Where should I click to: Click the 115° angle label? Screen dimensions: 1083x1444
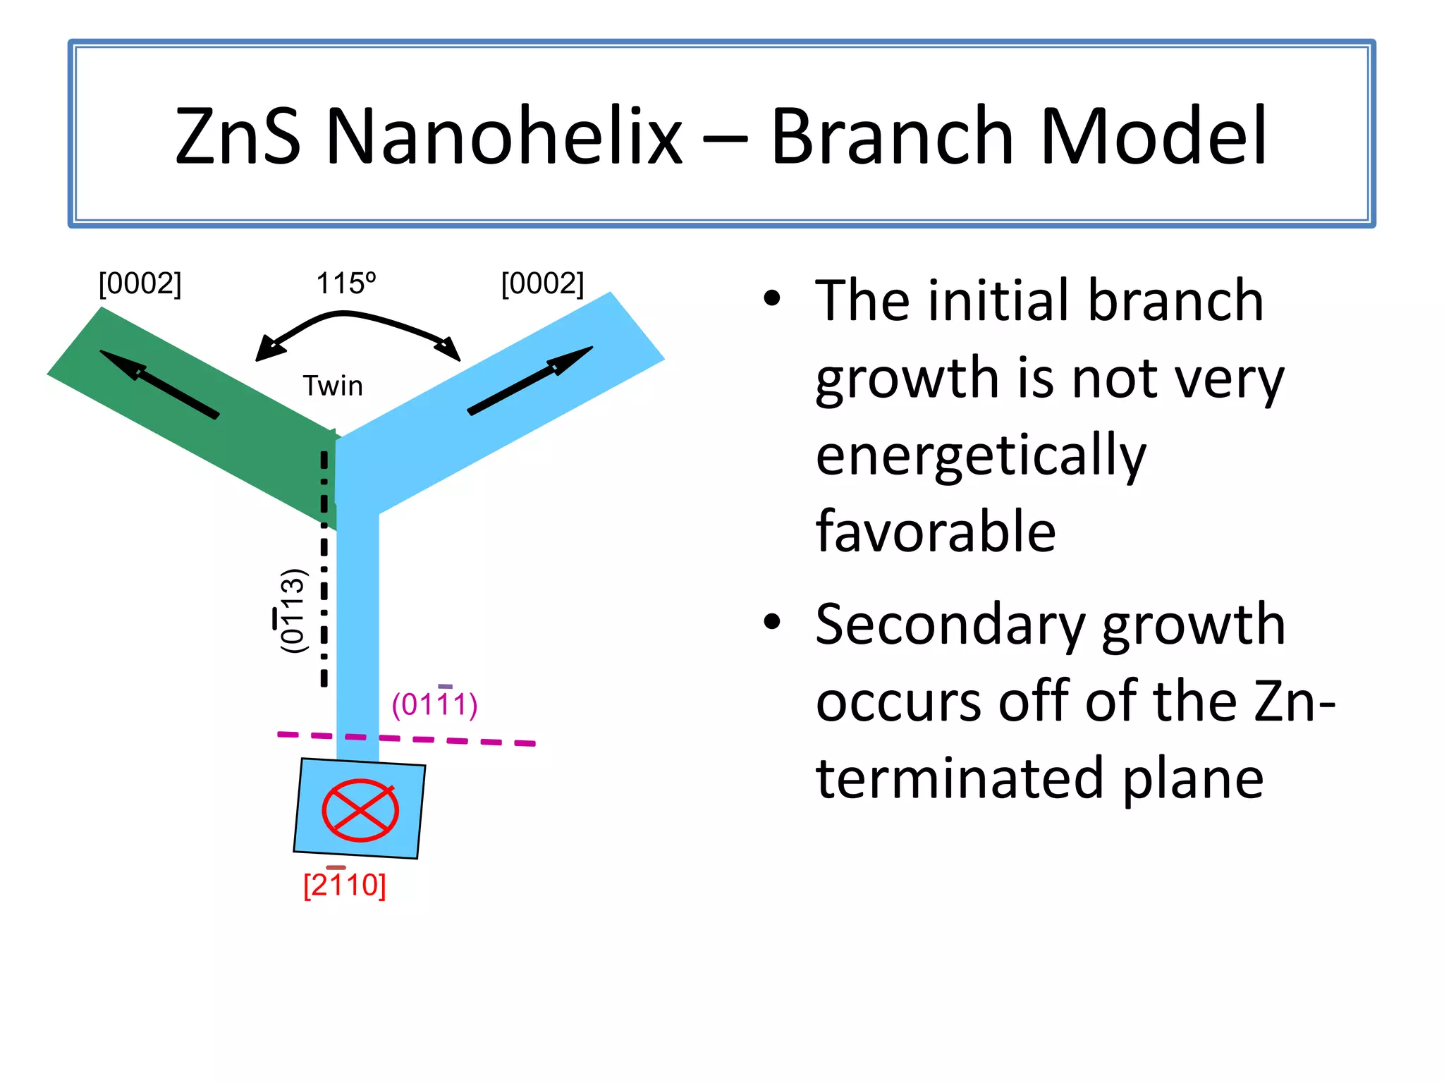pos(345,283)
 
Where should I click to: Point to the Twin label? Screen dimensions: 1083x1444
pos(333,386)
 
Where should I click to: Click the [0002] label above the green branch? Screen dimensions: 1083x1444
pos(140,283)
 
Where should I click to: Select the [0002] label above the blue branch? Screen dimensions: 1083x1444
pos(542,283)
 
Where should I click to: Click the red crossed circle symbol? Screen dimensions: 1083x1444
pos(360,810)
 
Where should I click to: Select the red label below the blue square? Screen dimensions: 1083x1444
pos(344,884)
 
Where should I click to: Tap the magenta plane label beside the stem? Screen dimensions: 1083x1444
pos(434,704)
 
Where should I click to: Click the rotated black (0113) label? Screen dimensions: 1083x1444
pos(291,611)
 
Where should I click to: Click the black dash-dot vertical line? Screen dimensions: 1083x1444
pos(324,599)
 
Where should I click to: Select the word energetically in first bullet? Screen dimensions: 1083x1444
pos(980,455)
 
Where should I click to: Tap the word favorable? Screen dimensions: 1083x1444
pos(935,532)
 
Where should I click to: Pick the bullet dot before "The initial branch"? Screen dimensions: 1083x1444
pos(772,298)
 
